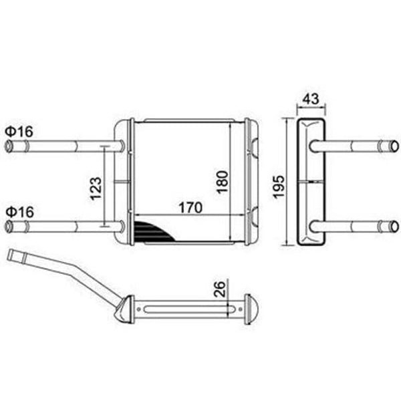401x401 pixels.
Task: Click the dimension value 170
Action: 190,207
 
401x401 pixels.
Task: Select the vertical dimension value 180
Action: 223,181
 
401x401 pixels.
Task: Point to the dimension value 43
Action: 310,98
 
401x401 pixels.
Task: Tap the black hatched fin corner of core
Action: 148,231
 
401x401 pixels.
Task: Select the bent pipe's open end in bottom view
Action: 11,255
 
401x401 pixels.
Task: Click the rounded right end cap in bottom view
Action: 253,309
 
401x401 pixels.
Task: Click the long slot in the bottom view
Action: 187,309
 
